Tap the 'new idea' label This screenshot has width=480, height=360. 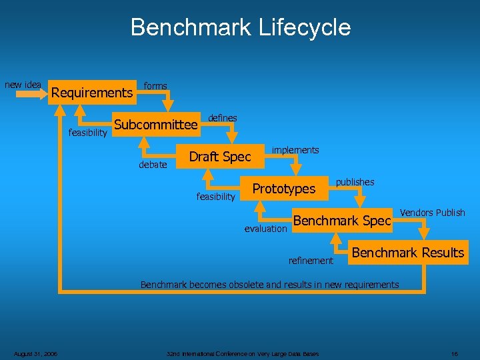[23, 85]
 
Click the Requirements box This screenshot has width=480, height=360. [92, 93]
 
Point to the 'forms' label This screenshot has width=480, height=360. [155, 86]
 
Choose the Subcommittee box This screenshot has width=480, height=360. [156, 125]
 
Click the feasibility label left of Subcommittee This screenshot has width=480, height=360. [88, 133]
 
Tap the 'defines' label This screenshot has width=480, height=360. [223, 118]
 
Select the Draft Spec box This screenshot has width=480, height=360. [220, 157]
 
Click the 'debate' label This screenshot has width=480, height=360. [153, 165]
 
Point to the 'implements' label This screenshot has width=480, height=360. [295, 150]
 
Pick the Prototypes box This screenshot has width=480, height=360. [283, 189]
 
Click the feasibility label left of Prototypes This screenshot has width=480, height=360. [215, 197]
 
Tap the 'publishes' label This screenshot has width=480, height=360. [355, 182]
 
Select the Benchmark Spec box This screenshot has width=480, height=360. [341, 221]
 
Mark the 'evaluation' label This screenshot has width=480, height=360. [265, 229]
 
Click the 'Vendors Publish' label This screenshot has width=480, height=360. [432, 213]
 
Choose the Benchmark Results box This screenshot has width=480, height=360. [407, 253]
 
